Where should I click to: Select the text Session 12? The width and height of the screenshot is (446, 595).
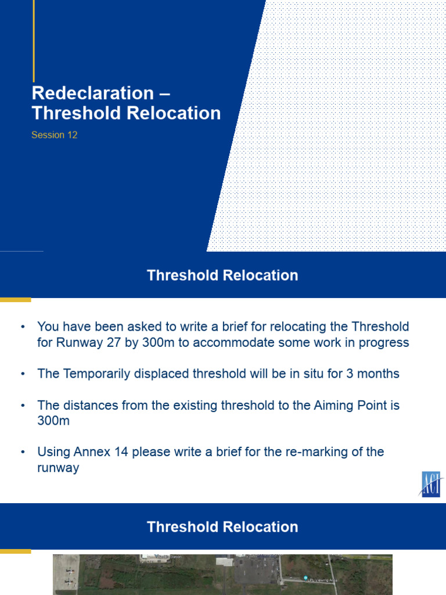click(55, 135)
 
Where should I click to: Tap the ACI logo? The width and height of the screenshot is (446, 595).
click(431, 485)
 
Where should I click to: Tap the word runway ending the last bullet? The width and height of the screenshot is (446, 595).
click(58, 467)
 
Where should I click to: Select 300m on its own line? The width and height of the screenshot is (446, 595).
click(53, 421)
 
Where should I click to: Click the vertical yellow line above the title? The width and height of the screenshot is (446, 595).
click(34, 41)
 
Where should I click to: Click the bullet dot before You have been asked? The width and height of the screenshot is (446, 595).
click(23, 327)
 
